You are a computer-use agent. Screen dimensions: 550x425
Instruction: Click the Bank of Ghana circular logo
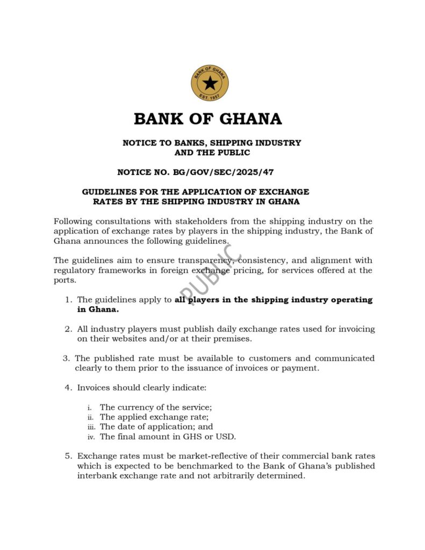210,82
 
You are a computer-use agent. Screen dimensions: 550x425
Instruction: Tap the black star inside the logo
210,83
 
